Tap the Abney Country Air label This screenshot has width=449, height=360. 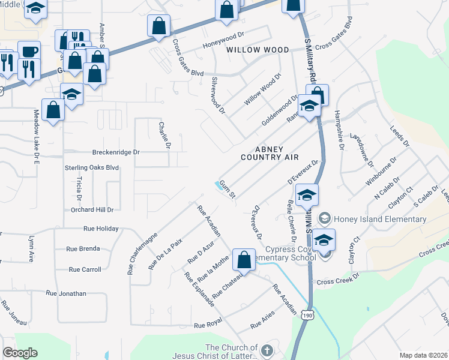coord(269,153)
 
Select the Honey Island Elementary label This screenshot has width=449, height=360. coord(380,219)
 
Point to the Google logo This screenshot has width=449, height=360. coord(20,353)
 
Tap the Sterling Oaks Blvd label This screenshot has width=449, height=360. coord(92,168)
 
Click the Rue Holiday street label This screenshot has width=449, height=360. coord(101,229)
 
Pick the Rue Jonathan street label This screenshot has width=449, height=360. coord(66,293)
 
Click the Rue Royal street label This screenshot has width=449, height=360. coord(208,325)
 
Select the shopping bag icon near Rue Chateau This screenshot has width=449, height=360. coord(244,259)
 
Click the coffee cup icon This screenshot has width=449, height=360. coord(28,50)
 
